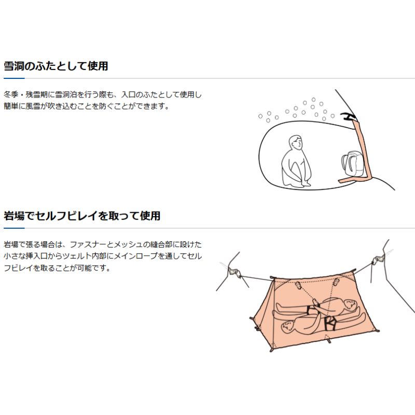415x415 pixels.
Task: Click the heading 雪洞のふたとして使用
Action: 56,66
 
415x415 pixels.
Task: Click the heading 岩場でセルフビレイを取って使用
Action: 82,216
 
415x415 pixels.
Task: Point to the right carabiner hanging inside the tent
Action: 336,283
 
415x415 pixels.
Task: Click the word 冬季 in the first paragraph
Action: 11,95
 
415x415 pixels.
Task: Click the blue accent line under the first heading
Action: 13,78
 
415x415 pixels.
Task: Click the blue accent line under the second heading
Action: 13,228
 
